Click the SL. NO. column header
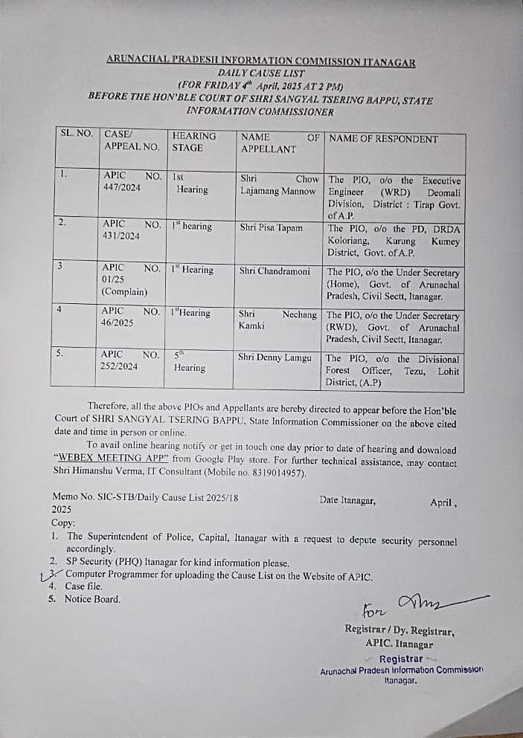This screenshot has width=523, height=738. (x=75, y=134)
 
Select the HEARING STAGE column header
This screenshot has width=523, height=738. (x=193, y=142)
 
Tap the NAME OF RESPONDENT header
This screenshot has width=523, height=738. (x=384, y=139)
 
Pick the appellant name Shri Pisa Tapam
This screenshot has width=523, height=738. (x=271, y=227)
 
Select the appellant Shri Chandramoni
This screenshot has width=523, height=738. (x=275, y=271)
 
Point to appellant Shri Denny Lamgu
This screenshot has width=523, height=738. (x=275, y=357)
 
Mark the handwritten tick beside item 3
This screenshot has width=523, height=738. (x=49, y=574)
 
